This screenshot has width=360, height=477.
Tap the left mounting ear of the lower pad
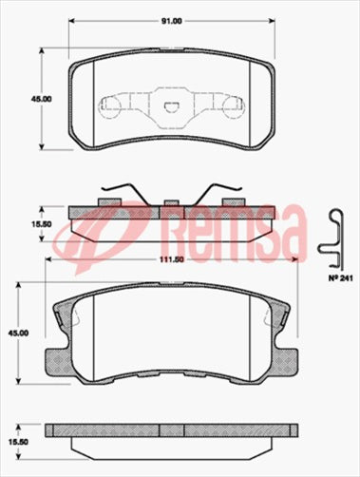[65, 313]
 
